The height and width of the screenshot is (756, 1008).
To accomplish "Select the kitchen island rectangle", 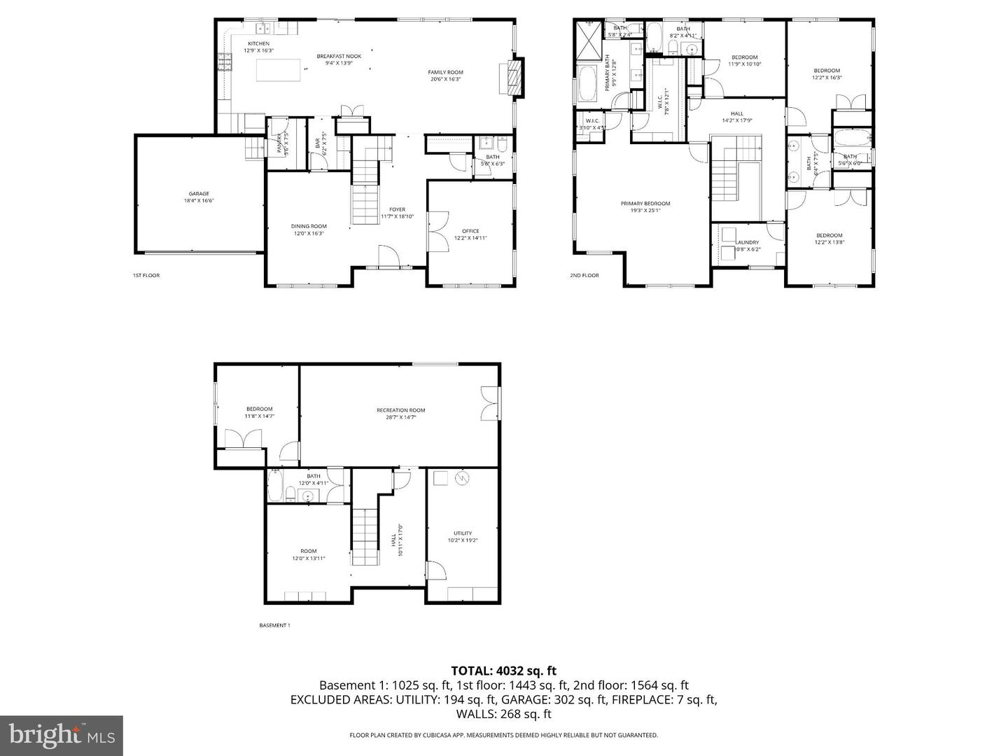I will click(x=279, y=71).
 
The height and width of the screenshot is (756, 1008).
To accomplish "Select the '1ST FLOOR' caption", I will click(x=146, y=276).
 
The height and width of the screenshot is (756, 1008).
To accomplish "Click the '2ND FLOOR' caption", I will click(x=584, y=276).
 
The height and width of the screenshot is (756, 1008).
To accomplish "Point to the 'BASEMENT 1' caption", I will click(x=274, y=625).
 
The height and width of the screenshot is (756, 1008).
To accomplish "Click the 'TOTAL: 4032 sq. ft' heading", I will click(x=503, y=671).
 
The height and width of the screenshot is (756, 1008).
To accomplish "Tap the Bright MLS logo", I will click(x=62, y=735).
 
